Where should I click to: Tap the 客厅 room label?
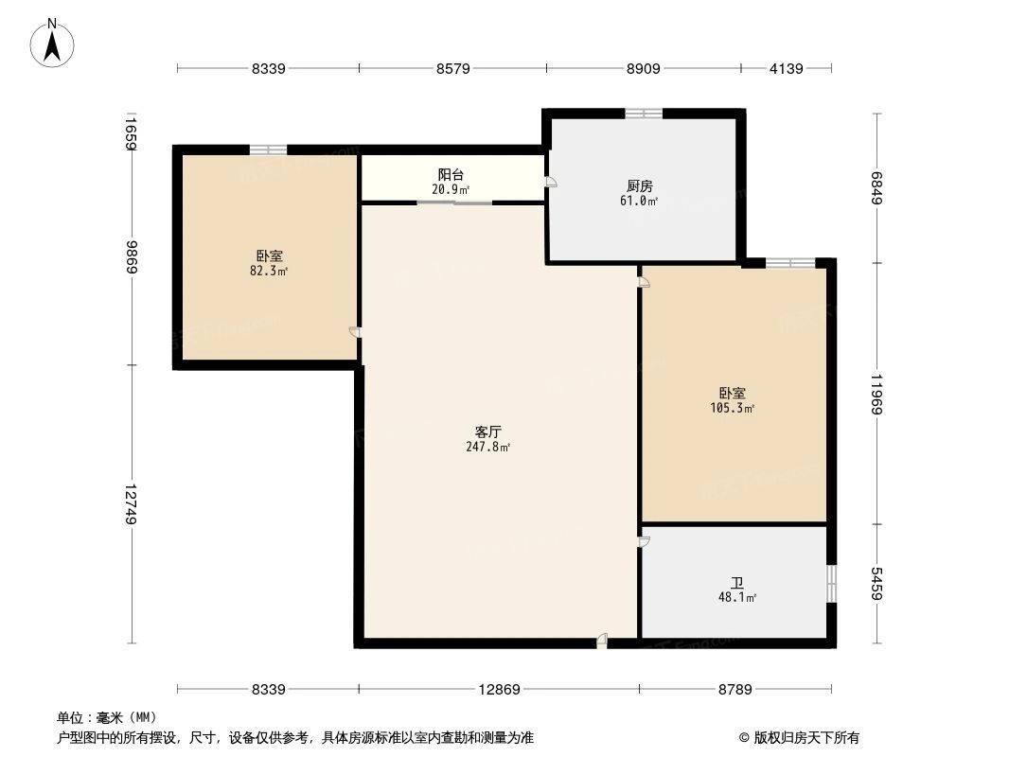pos(487,431)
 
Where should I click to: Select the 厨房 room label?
pos(640,186)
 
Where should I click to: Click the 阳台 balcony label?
pos(451,175)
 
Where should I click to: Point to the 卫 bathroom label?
pos(736,583)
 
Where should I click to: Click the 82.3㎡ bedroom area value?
pos(269,271)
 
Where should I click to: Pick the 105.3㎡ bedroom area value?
pos(732,408)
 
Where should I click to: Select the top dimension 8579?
pos(452,68)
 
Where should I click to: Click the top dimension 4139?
pos(786,68)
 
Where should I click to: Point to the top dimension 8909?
pos(643,68)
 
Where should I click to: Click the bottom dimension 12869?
pos(498,689)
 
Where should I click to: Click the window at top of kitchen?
pos(644,114)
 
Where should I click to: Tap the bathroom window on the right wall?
pos(831,584)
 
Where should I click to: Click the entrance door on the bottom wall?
pos(602,643)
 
